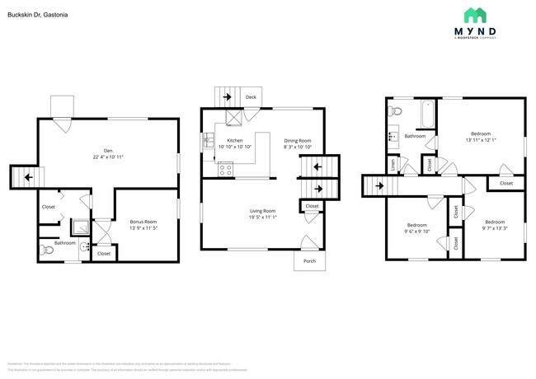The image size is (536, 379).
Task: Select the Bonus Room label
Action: click(x=143, y=222)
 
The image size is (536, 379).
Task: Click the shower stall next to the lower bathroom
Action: click(x=81, y=227)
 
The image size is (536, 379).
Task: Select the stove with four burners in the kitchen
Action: click(x=224, y=171)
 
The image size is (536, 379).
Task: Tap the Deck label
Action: click(x=251, y=98)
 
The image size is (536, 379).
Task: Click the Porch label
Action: click(x=309, y=260)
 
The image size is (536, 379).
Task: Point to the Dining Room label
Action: click(x=298, y=141)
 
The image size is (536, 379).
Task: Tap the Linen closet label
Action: click(x=393, y=165)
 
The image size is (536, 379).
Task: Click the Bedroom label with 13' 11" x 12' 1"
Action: click(x=480, y=133)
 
